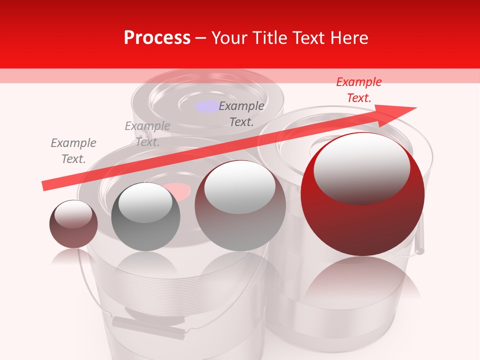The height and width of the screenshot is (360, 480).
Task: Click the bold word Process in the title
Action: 157,38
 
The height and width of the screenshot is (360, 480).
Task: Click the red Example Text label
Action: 359,90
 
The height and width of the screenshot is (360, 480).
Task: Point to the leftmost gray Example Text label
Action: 73,151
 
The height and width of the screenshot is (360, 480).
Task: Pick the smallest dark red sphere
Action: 73,224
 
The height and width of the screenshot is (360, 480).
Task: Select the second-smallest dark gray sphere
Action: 145,216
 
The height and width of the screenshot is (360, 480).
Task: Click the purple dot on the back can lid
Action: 207,106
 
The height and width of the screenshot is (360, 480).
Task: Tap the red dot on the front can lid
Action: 178,190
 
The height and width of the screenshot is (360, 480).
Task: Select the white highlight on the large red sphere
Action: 361,168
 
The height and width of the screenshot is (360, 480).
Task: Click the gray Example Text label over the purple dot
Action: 241,114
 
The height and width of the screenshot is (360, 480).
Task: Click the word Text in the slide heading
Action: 306,38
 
